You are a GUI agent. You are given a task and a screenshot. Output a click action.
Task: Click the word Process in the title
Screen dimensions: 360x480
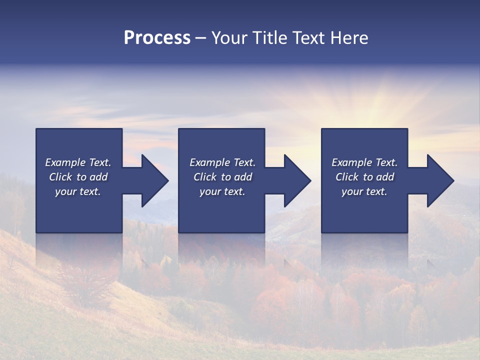pyautogui.click(x=157, y=38)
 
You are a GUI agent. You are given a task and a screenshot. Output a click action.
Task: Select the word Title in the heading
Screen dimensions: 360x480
pyautogui.click(x=270, y=38)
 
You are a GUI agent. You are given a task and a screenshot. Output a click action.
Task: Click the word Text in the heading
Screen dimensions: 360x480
pyautogui.click(x=308, y=38)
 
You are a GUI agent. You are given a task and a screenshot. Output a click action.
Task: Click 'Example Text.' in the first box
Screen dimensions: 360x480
pyautogui.click(x=78, y=162)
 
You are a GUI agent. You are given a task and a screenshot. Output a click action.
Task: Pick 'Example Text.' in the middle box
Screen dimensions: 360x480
pyautogui.click(x=222, y=162)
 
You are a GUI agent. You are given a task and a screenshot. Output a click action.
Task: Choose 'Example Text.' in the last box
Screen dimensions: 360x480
pyautogui.click(x=364, y=162)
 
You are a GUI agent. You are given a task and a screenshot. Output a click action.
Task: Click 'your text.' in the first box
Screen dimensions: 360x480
pyautogui.click(x=78, y=191)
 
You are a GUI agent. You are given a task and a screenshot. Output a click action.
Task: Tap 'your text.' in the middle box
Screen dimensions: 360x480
pyautogui.click(x=222, y=191)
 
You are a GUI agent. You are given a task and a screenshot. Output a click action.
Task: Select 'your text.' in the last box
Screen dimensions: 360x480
pyautogui.click(x=364, y=191)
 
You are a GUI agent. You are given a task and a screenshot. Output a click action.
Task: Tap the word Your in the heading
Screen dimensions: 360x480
pyautogui.click(x=229, y=38)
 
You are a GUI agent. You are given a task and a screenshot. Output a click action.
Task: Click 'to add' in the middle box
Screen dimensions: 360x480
pyautogui.click(x=236, y=177)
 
